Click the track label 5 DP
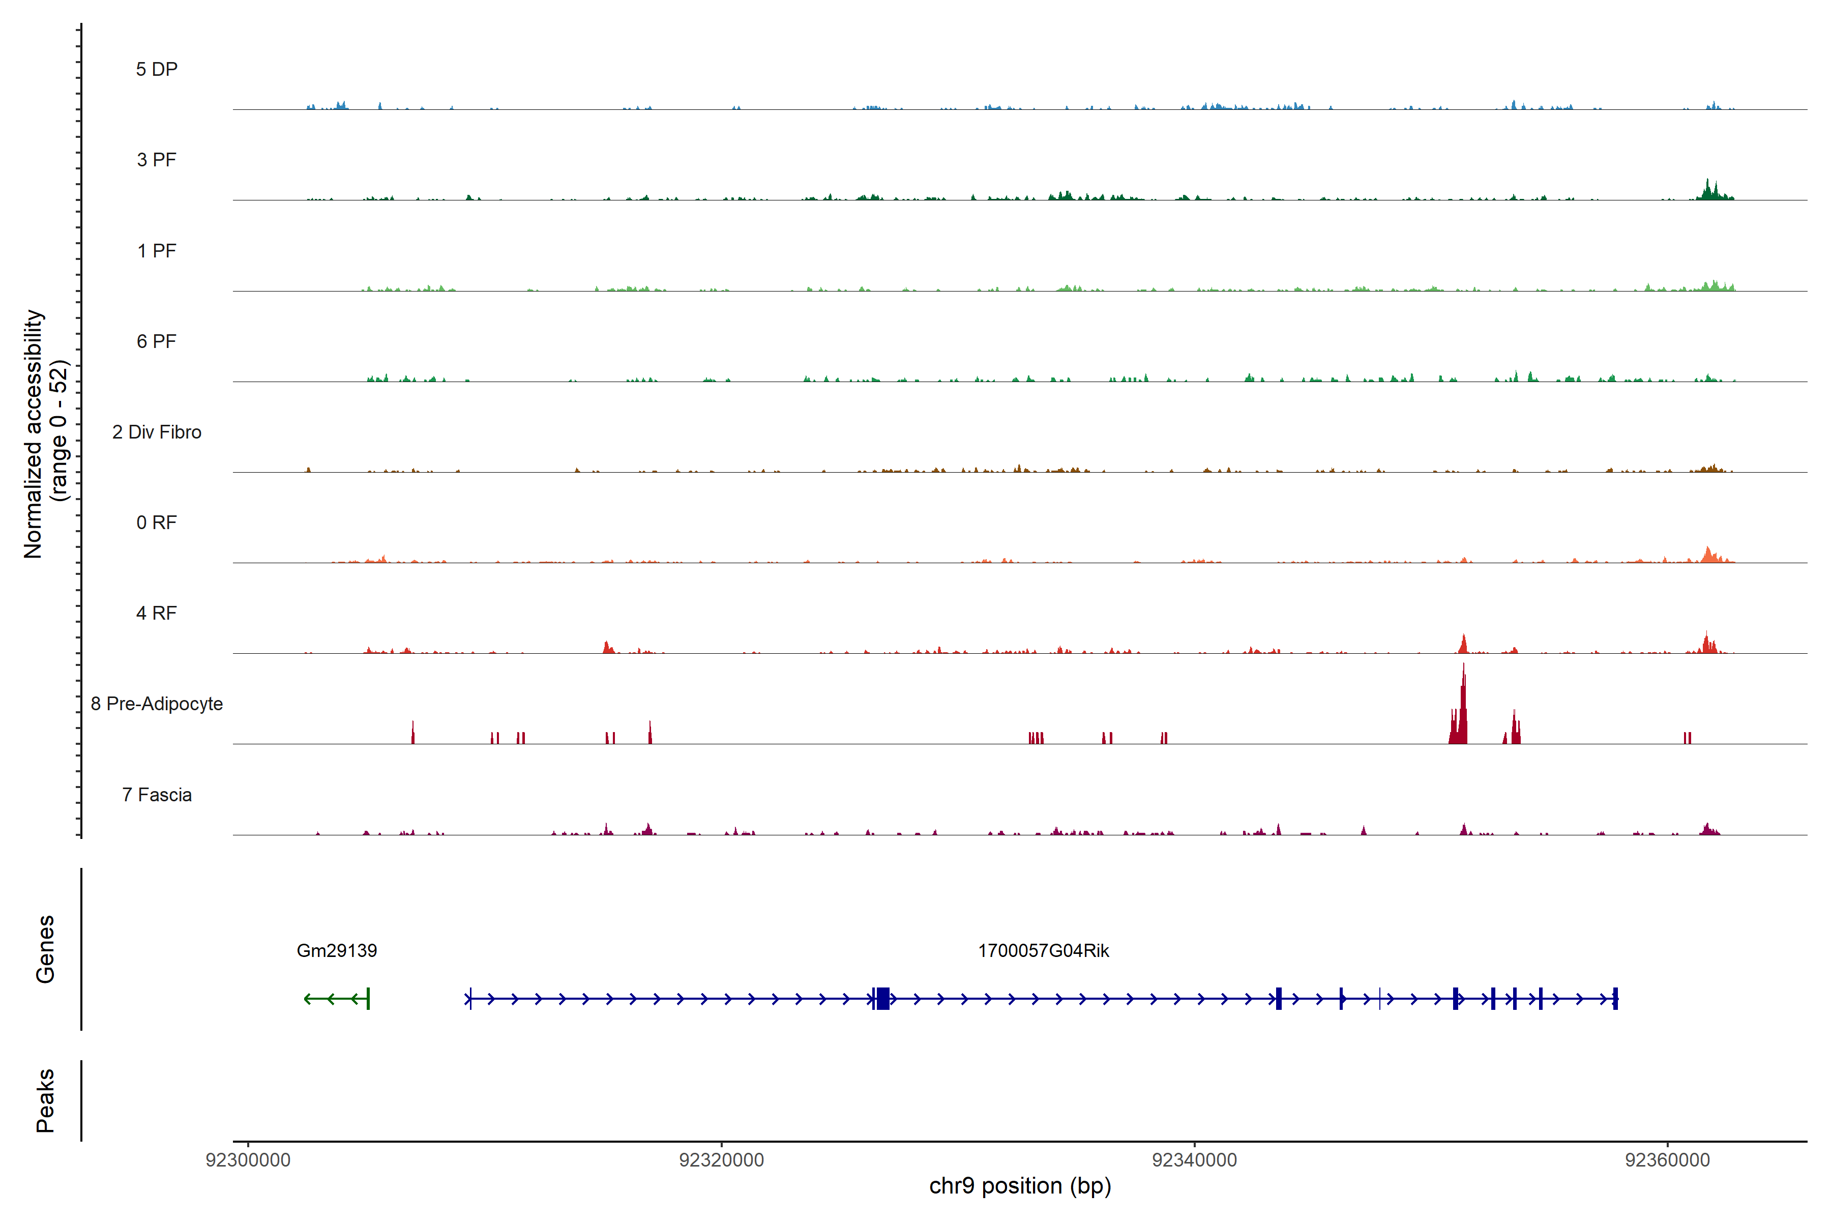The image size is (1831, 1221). pos(157,69)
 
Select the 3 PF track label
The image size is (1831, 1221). pos(157,160)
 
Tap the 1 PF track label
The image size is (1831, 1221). pos(157,251)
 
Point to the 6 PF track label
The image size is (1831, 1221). pos(157,341)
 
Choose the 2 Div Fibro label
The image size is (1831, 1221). pos(157,432)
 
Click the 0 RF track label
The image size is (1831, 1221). pos(157,522)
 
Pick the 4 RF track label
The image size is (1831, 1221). pos(157,613)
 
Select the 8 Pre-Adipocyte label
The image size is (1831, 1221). pos(157,704)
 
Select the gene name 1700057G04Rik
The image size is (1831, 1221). pos(1043,951)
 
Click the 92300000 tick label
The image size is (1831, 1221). pos(248,1160)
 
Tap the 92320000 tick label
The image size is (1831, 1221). pos(722,1160)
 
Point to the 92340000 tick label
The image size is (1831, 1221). pos(1194,1160)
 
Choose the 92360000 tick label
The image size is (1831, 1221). pos(1668,1160)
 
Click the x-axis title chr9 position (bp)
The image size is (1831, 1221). pos(1020,1186)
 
